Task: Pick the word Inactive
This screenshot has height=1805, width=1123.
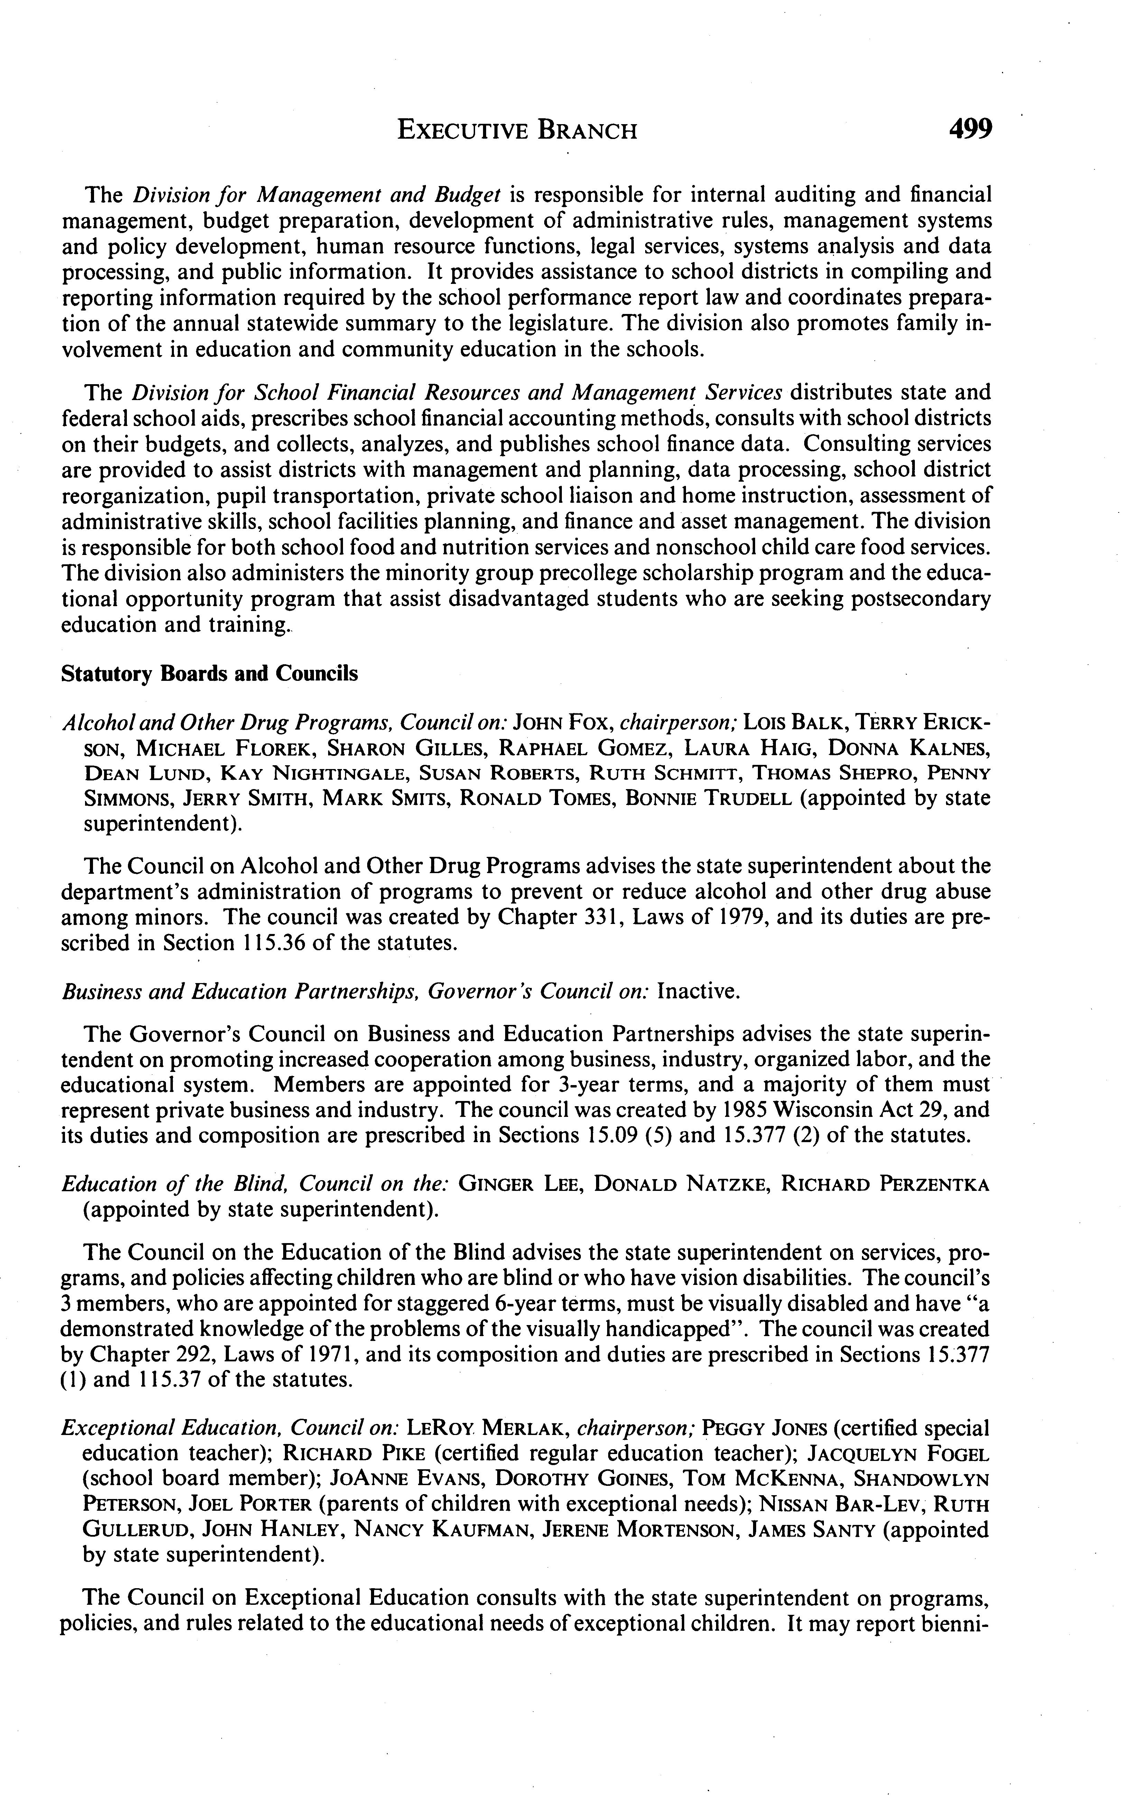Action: (x=699, y=992)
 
